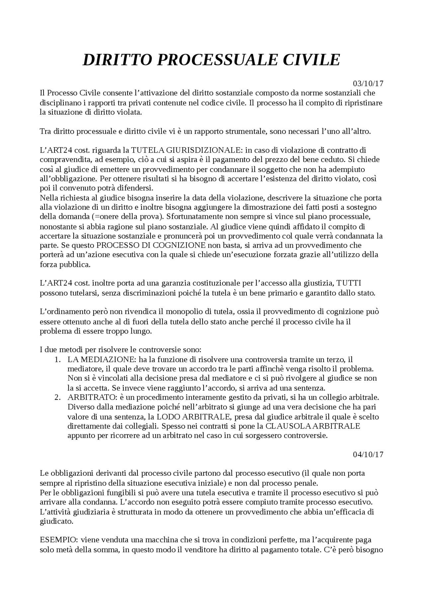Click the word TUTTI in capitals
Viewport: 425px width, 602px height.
[349, 283]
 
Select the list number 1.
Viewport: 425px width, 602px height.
[57, 359]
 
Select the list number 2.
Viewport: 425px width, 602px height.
[57, 398]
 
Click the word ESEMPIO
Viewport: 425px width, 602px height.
[57, 540]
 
